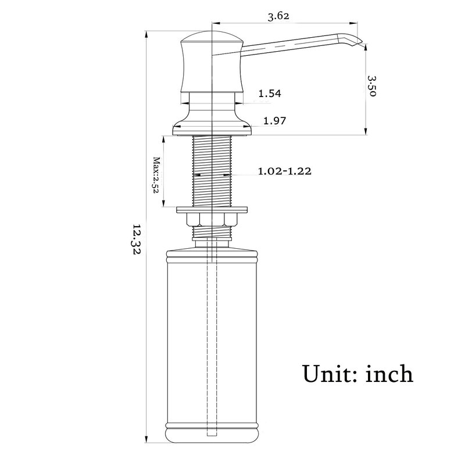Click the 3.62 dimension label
pyautogui.click(x=278, y=16)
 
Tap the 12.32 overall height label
pyautogui.click(x=137, y=239)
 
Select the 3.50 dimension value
pyautogui.click(x=372, y=86)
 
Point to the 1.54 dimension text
pyautogui.click(x=270, y=94)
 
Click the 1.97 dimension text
pyautogui.click(x=274, y=121)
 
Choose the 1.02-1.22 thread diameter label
pyautogui.click(x=284, y=171)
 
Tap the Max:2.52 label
pyautogui.click(x=156, y=175)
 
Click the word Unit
pyautogui.click(x=327, y=374)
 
